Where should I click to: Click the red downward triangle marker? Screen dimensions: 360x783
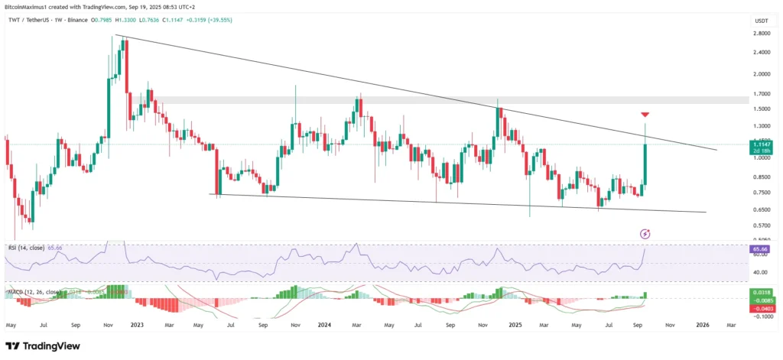point(645,115)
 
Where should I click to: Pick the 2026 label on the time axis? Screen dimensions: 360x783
point(703,325)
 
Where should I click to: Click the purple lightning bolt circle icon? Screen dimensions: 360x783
point(645,232)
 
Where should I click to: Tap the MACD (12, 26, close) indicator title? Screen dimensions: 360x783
point(31,291)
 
